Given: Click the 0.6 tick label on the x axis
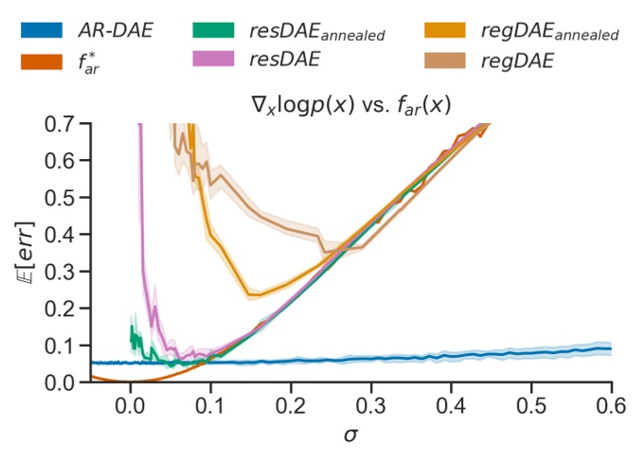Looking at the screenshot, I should click(x=612, y=404).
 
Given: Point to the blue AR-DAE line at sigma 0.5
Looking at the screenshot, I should click(x=531, y=353).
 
